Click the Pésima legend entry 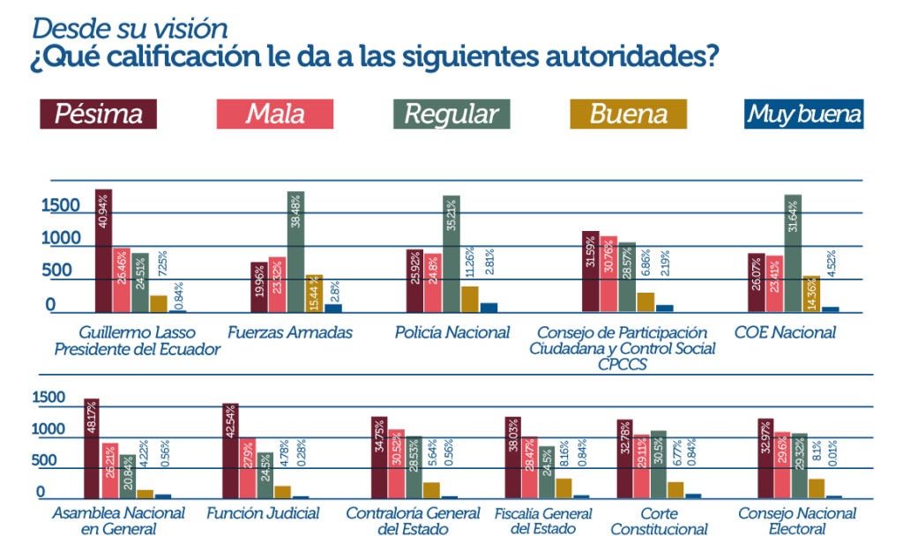98,115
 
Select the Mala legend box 275,115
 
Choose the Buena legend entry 628,115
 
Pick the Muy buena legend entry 803,115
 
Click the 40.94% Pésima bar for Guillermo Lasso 104,251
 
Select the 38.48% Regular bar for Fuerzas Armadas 295,251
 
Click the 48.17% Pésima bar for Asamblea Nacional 92,449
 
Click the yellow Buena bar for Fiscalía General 564,488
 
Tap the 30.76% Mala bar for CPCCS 608,273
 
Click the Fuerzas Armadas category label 290,333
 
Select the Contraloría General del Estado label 406,521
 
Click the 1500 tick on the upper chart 61,205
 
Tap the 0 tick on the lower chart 40,492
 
